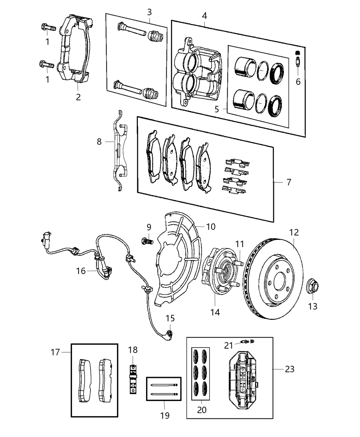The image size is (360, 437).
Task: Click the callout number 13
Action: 313,306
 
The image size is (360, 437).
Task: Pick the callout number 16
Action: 81,271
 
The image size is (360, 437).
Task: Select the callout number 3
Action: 149,12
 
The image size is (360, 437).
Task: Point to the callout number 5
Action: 217,109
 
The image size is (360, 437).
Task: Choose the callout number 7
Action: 289,182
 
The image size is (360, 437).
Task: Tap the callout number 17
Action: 55,352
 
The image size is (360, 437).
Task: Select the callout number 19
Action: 165,415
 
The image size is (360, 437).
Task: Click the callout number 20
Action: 202,410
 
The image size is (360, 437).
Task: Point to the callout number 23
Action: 289,369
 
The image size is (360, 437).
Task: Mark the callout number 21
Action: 229,345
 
